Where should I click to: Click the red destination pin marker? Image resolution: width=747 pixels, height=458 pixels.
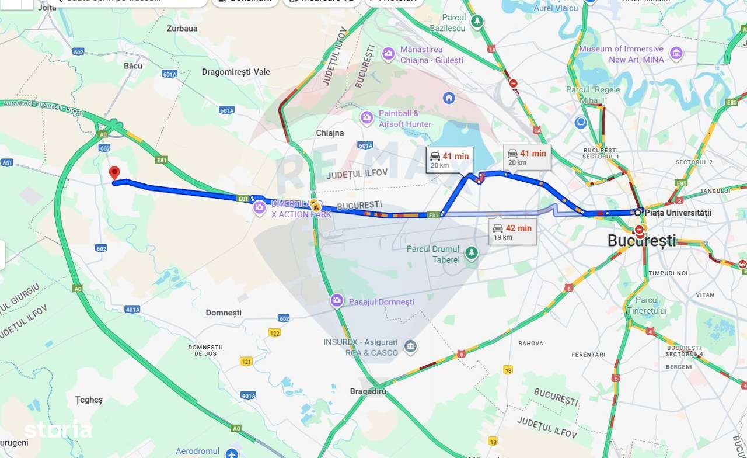pyautogui.click(x=114, y=173)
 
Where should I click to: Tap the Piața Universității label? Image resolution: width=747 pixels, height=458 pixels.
pyautogui.click(x=678, y=213)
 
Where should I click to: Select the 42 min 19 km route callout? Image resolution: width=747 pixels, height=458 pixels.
pyautogui.click(x=512, y=232)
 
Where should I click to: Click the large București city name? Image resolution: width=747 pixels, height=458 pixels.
pyautogui.click(x=641, y=240)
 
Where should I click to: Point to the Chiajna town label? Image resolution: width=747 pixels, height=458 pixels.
pyautogui.click(x=330, y=133)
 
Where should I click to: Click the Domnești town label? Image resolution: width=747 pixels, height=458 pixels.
pyautogui.click(x=224, y=313)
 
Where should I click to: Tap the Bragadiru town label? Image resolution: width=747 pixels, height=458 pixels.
pyautogui.click(x=368, y=391)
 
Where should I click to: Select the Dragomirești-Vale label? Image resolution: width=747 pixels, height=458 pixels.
pyautogui.click(x=236, y=72)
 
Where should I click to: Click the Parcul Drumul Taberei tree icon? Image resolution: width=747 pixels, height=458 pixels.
pyautogui.click(x=472, y=254)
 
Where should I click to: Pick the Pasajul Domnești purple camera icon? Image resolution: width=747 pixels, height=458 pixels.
pyautogui.click(x=337, y=301)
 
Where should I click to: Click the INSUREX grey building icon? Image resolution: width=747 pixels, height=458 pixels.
pyautogui.click(x=411, y=347)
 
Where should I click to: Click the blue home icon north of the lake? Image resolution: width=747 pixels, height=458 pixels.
pyautogui.click(x=449, y=98)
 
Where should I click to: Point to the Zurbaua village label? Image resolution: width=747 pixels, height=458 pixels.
pyautogui.click(x=182, y=28)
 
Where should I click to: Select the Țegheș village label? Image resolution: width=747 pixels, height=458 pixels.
pyautogui.click(x=89, y=400)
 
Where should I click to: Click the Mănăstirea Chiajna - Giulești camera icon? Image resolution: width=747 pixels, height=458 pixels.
pyautogui.click(x=388, y=54)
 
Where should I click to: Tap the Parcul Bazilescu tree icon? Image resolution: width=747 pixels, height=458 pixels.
pyautogui.click(x=477, y=22)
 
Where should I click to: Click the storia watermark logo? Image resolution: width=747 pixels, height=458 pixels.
pyautogui.click(x=58, y=430)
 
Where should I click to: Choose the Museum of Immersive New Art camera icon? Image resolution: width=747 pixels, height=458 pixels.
pyautogui.click(x=676, y=54)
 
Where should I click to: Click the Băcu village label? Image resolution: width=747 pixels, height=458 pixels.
pyautogui.click(x=133, y=66)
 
